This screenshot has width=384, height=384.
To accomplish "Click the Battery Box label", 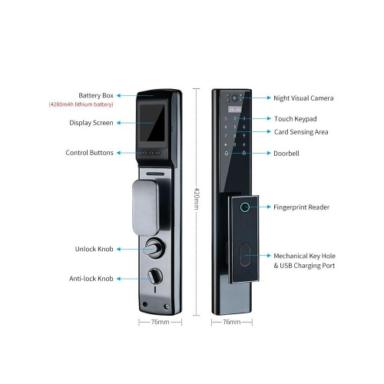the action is (96, 95).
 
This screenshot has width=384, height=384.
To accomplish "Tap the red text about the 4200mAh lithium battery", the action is (81, 104).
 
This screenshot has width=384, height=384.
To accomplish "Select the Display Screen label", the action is (91, 123).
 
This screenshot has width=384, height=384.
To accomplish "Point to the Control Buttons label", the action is (89, 153).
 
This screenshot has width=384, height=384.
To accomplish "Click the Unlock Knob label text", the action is (94, 249).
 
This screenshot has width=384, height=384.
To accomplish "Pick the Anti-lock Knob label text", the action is (91, 279).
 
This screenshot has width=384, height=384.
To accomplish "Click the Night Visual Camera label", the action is (303, 98).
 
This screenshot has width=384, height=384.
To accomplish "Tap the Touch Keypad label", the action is (296, 119).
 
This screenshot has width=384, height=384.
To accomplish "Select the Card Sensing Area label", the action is (301, 132).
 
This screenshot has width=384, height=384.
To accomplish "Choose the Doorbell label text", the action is (286, 154).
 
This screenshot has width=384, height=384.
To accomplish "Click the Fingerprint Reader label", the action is (301, 207).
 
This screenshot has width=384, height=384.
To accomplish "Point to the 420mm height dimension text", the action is (197, 199).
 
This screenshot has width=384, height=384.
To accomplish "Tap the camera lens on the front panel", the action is (234, 98).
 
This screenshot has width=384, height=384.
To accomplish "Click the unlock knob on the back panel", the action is (153, 247).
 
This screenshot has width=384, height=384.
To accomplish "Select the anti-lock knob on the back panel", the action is (154, 276).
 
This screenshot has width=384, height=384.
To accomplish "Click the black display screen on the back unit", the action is (152, 122).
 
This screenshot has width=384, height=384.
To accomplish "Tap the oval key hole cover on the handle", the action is (245, 255).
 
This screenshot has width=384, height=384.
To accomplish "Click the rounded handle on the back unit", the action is (145, 207).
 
